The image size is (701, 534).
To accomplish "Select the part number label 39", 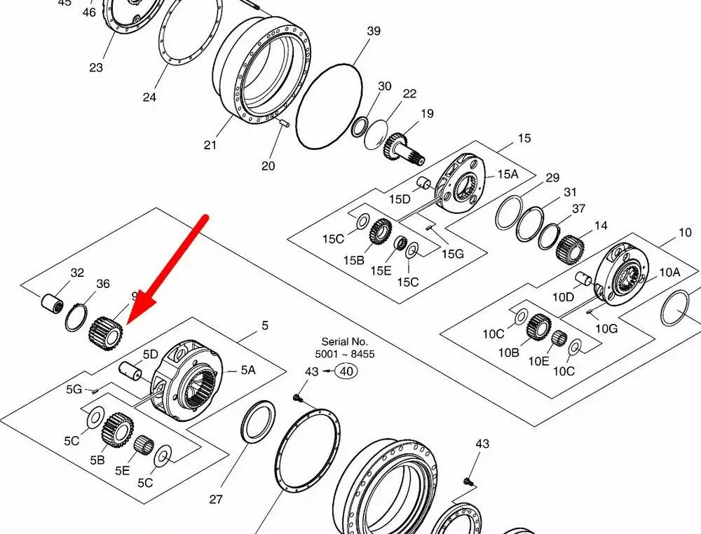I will [x=374, y=31].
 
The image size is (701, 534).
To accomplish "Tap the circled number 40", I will [x=346, y=371].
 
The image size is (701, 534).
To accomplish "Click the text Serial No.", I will [x=345, y=342].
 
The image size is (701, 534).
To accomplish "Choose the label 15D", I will [x=400, y=199].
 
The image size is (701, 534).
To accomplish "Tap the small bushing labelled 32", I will [x=50, y=303].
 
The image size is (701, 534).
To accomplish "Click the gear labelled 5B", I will [x=117, y=429].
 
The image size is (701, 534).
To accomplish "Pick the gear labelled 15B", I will [x=380, y=231].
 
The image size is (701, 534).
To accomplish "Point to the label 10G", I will [x=607, y=328].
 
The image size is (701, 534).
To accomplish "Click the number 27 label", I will [x=215, y=500].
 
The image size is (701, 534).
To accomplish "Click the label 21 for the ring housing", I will [x=211, y=145].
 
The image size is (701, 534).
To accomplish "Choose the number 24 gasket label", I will [x=149, y=97].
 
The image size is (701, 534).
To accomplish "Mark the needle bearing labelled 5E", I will [x=143, y=444].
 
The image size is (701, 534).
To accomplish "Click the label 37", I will [x=578, y=209].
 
